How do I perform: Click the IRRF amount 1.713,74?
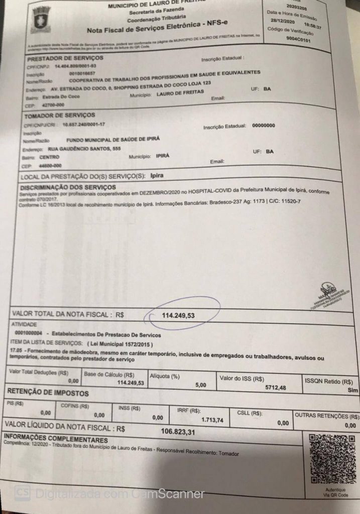click(x=212, y=419)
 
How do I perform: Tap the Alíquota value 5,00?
click(x=200, y=385)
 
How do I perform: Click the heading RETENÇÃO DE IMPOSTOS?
click(x=49, y=394)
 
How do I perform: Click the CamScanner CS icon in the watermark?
click(x=22, y=494)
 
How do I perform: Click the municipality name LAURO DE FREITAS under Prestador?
click(x=180, y=93)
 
